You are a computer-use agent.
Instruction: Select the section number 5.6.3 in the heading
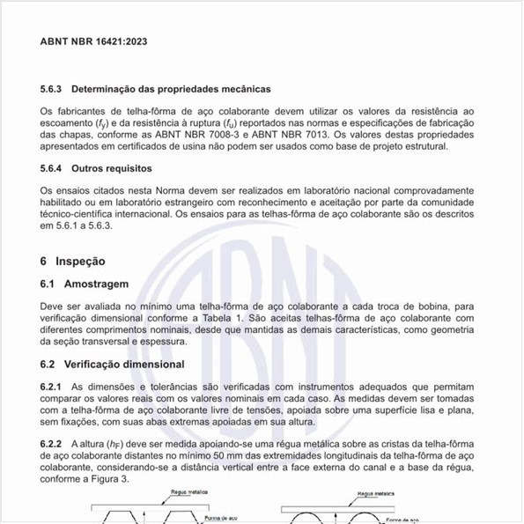[51, 90]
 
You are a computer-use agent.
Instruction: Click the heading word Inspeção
[80, 262]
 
